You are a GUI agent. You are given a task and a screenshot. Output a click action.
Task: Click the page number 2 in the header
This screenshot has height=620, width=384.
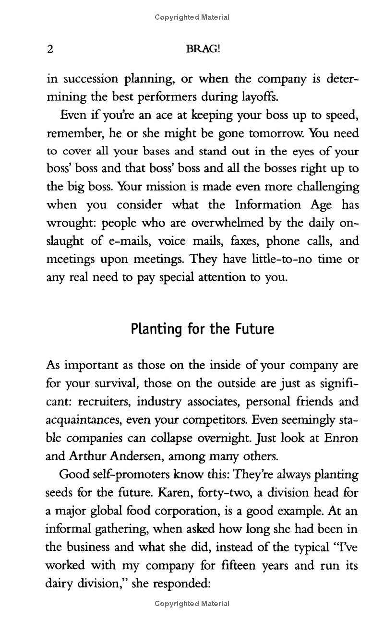tap(49, 49)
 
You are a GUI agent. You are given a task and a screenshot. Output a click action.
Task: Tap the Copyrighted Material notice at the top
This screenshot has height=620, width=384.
tap(192, 17)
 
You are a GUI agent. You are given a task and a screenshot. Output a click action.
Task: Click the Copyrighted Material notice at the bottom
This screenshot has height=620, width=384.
tap(192, 604)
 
